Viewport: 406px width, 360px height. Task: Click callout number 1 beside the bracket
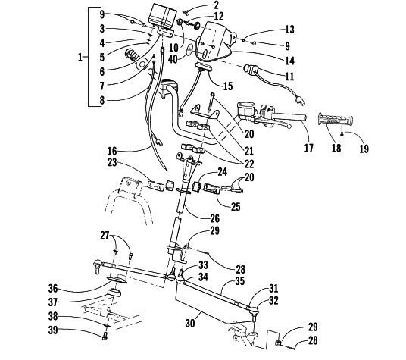pyautogui.click(x=80, y=57)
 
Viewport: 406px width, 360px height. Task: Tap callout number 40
pyautogui.click(x=173, y=59)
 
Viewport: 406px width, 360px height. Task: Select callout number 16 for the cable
pyautogui.click(x=112, y=151)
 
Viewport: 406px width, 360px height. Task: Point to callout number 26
pyautogui.click(x=214, y=218)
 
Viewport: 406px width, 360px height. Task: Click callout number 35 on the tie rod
pyautogui.click(x=240, y=281)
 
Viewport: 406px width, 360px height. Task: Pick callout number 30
pyautogui.click(x=190, y=323)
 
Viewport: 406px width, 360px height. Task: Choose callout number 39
pyautogui.click(x=53, y=330)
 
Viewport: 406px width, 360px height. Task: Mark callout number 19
pyautogui.click(x=364, y=149)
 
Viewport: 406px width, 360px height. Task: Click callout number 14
pyautogui.click(x=290, y=61)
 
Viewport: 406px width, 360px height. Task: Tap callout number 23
pyautogui.click(x=112, y=163)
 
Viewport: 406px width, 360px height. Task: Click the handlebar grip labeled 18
pyautogui.click(x=336, y=120)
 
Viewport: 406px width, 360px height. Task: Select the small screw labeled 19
pyautogui.click(x=342, y=133)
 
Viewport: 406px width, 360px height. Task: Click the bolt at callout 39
pyautogui.click(x=105, y=337)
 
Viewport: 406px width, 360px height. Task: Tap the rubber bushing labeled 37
pyautogui.click(x=114, y=293)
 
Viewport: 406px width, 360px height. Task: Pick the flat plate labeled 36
pyautogui.click(x=117, y=280)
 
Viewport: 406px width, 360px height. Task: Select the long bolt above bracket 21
pyautogui.click(x=211, y=102)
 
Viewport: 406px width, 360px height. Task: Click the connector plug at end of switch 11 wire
pyautogui.click(x=301, y=100)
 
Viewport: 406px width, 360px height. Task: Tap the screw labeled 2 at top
pyautogui.click(x=186, y=11)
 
